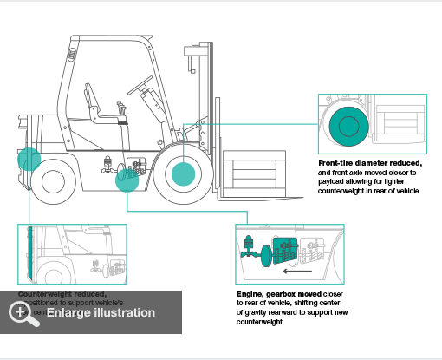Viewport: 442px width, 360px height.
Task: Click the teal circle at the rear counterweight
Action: coord(29,159)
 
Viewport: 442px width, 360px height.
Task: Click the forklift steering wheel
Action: coord(139,87)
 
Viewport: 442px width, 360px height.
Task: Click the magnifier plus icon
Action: coord(25,312)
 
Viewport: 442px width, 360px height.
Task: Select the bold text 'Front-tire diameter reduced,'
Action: coord(370,163)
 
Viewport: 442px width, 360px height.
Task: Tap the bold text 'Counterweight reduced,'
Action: coord(62,294)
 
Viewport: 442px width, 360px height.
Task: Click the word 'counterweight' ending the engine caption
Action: coord(259,322)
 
